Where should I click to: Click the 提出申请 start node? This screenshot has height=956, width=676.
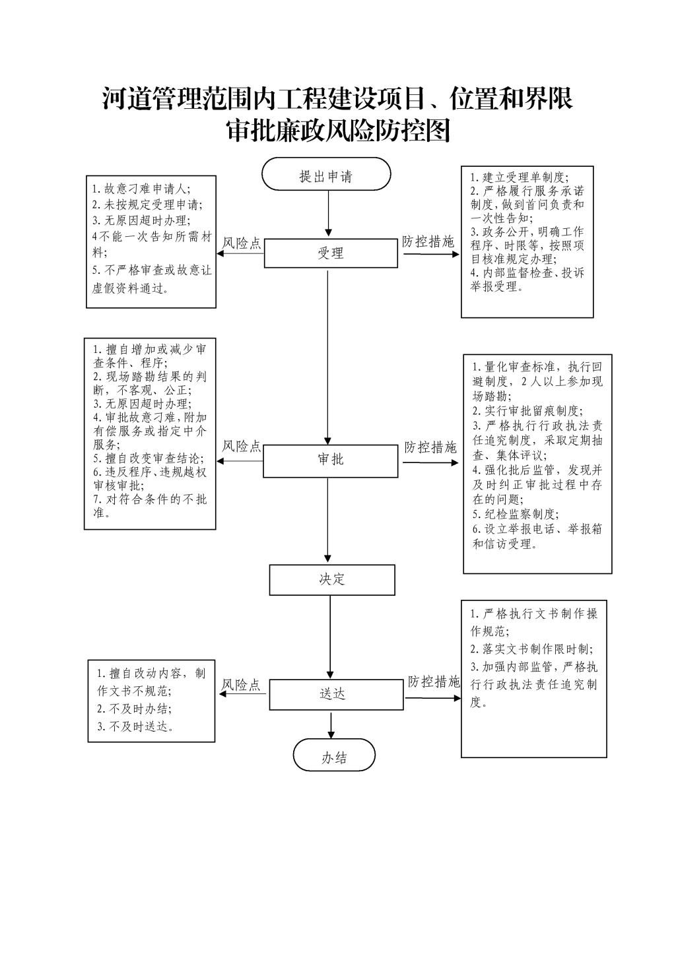click(326, 175)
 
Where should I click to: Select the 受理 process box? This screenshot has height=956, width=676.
click(331, 253)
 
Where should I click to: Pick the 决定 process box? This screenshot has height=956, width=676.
click(332, 580)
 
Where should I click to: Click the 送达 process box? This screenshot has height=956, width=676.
click(336, 694)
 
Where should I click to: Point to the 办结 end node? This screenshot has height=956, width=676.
click(334, 758)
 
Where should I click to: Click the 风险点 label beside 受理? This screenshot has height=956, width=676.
click(242, 243)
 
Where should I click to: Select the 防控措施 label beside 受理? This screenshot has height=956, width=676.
click(428, 242)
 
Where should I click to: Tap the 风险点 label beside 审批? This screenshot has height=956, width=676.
click(242, 447)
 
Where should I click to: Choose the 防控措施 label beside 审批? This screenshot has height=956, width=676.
click(430, 447)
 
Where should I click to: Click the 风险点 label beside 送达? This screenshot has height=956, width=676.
click(242, 685)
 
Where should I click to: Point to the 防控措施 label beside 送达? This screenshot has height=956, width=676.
click(433, 682)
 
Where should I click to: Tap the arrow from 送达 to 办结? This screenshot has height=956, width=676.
click(331, 725)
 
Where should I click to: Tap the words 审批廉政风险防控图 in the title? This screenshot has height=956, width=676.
click(337, 131)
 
